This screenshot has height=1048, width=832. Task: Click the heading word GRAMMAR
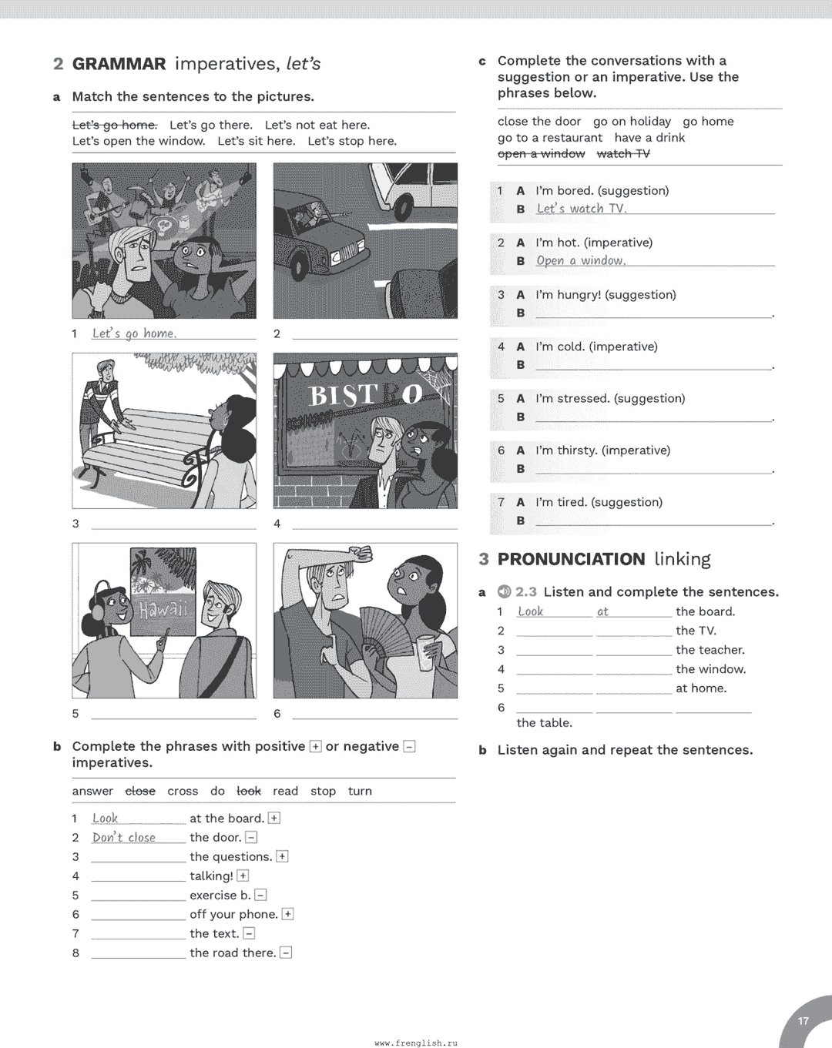coord(119,64)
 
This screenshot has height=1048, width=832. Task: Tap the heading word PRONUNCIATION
coord(571,559)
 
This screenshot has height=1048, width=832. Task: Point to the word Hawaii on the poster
coord(163,610)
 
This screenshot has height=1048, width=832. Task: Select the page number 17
coord(803,1021)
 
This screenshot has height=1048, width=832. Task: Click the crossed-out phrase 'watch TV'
coord(623,154)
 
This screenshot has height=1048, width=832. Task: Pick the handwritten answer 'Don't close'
coord(124,838)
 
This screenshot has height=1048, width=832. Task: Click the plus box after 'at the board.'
coord(274,819)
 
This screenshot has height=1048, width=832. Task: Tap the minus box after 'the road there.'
coord(286,953)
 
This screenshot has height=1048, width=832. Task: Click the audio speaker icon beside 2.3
coord(505,591)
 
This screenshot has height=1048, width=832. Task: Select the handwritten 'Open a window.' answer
coord(581,261)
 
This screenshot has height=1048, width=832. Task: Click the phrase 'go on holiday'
coord(632,122)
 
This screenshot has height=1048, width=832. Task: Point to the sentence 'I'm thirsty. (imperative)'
coord(602,450)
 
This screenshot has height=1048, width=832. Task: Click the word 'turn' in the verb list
coord(360,792)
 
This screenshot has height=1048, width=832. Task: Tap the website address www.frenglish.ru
coord(416,1043)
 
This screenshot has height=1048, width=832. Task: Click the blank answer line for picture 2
coord(374,336)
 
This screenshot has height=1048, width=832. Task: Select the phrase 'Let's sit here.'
coord(257,141)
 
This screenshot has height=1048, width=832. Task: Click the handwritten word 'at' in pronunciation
coord(602,612)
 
